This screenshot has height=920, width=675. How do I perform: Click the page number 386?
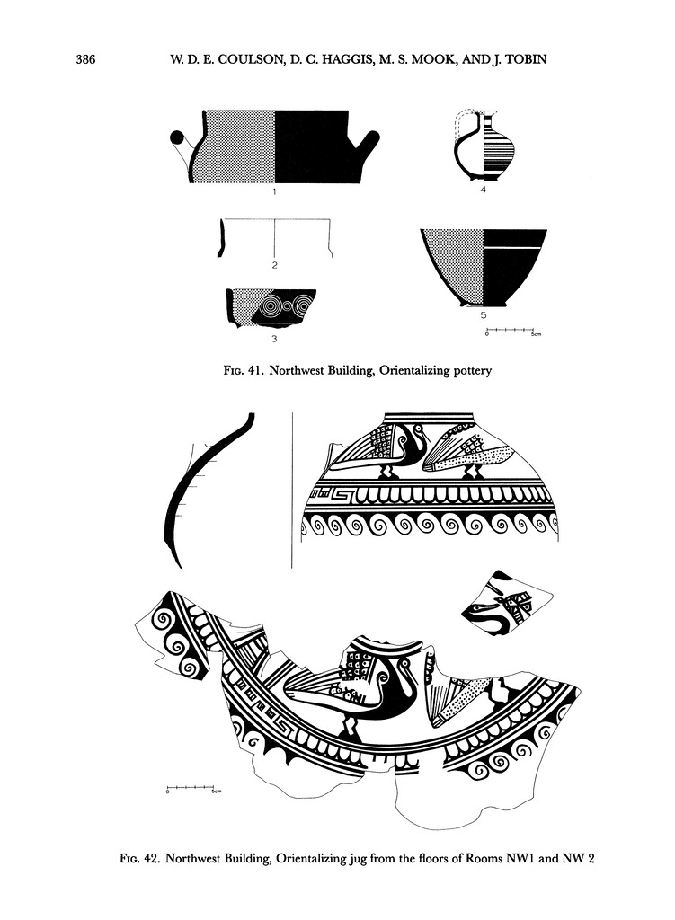coord(85,59)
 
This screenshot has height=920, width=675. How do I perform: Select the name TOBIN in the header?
coord(525,59)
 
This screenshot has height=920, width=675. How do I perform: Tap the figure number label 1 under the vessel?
coord(274,191)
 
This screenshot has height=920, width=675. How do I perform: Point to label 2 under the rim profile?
coord(275,265)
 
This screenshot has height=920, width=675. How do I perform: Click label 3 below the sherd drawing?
coord(274,339)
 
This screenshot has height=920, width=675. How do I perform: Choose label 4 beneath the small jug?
coord(483,190)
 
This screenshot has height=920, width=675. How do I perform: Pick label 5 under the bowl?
coord(483,315)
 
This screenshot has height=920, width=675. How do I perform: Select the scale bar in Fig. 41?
coord(510,331)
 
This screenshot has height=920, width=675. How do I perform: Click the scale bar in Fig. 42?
coord(191,786)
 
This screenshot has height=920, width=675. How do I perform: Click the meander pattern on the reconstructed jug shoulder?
coord(331,497)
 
